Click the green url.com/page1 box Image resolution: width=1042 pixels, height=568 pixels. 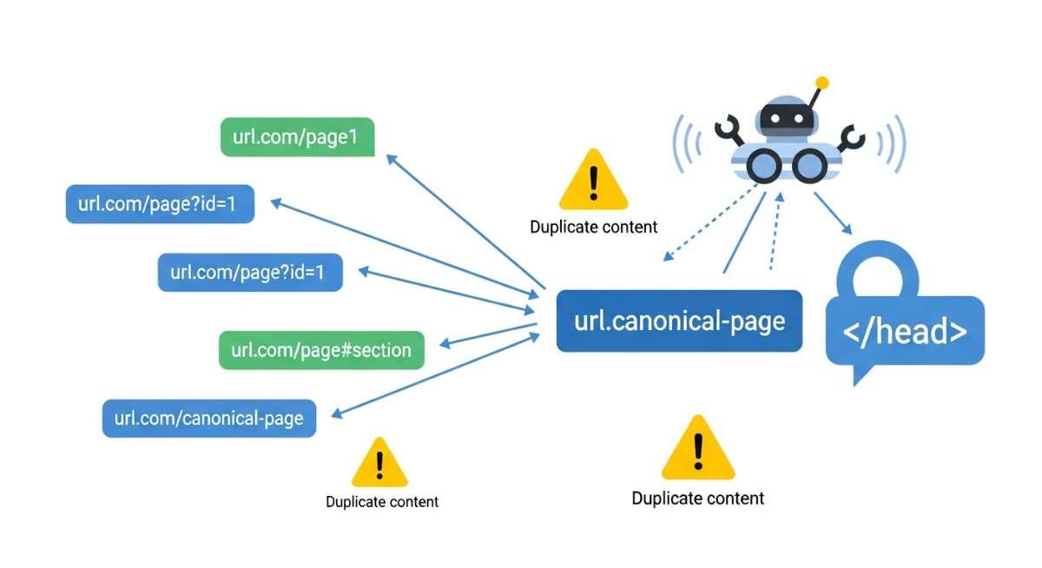(x=297, y=137)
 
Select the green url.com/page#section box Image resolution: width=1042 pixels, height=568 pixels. (x=321, y=350)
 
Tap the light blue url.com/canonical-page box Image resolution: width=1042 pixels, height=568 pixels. (x=208, y=418)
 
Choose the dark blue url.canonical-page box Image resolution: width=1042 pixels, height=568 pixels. (x=679, y=320)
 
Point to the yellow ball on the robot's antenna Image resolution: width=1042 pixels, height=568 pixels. (x=821, y=83)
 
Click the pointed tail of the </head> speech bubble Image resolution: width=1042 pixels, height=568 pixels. (x=861, y=375)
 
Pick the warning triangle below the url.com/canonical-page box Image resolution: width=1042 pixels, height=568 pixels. (x=379, y=464)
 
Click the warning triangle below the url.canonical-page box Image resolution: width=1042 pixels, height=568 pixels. (x=698, y=448)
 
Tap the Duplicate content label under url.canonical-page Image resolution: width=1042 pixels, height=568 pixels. (x=698, y=499)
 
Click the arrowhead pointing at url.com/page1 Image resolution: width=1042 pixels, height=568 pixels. (x=391, y=159)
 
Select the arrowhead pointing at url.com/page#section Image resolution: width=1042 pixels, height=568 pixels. (x=445, y=344)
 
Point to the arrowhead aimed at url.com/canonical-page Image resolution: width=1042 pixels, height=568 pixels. (x=336, y=413)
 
